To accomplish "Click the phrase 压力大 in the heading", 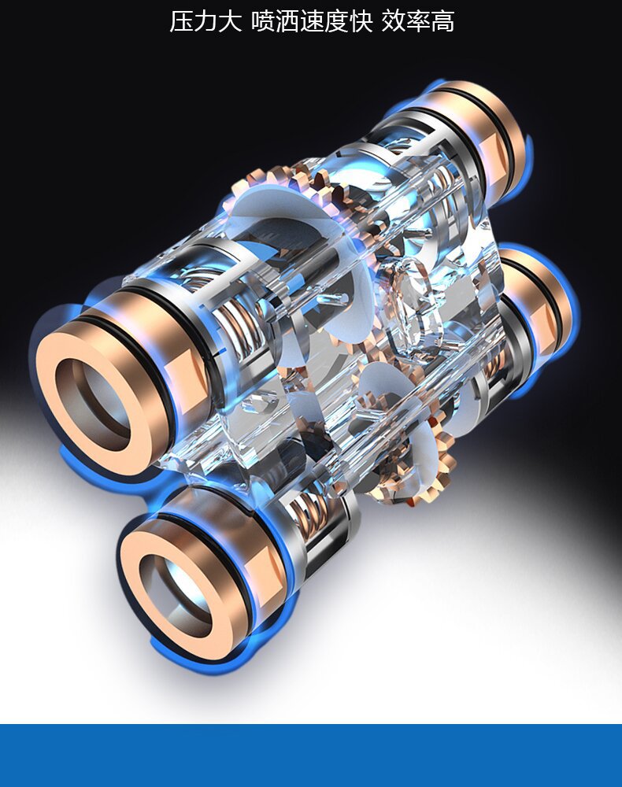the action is (x=205, y=21).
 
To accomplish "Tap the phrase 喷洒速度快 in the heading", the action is (x=312, y=21).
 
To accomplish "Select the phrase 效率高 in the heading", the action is (x=417, y=21).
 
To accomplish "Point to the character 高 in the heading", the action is (x=442, y=21).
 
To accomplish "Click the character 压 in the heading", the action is (x=181, y=21).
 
